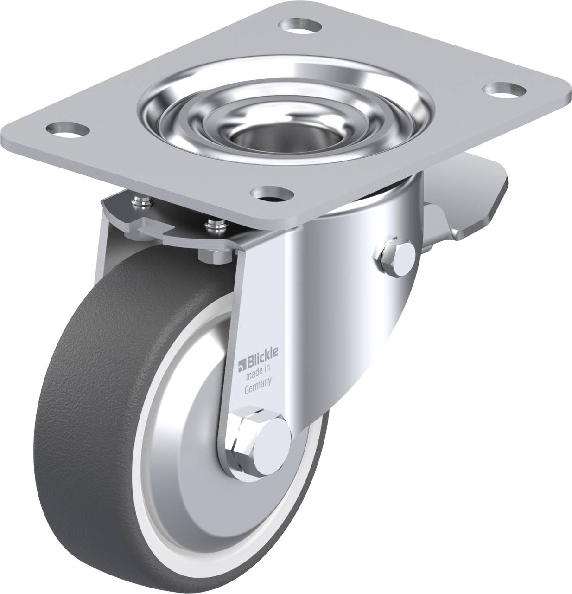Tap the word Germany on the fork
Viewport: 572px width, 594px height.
pos(257,377)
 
